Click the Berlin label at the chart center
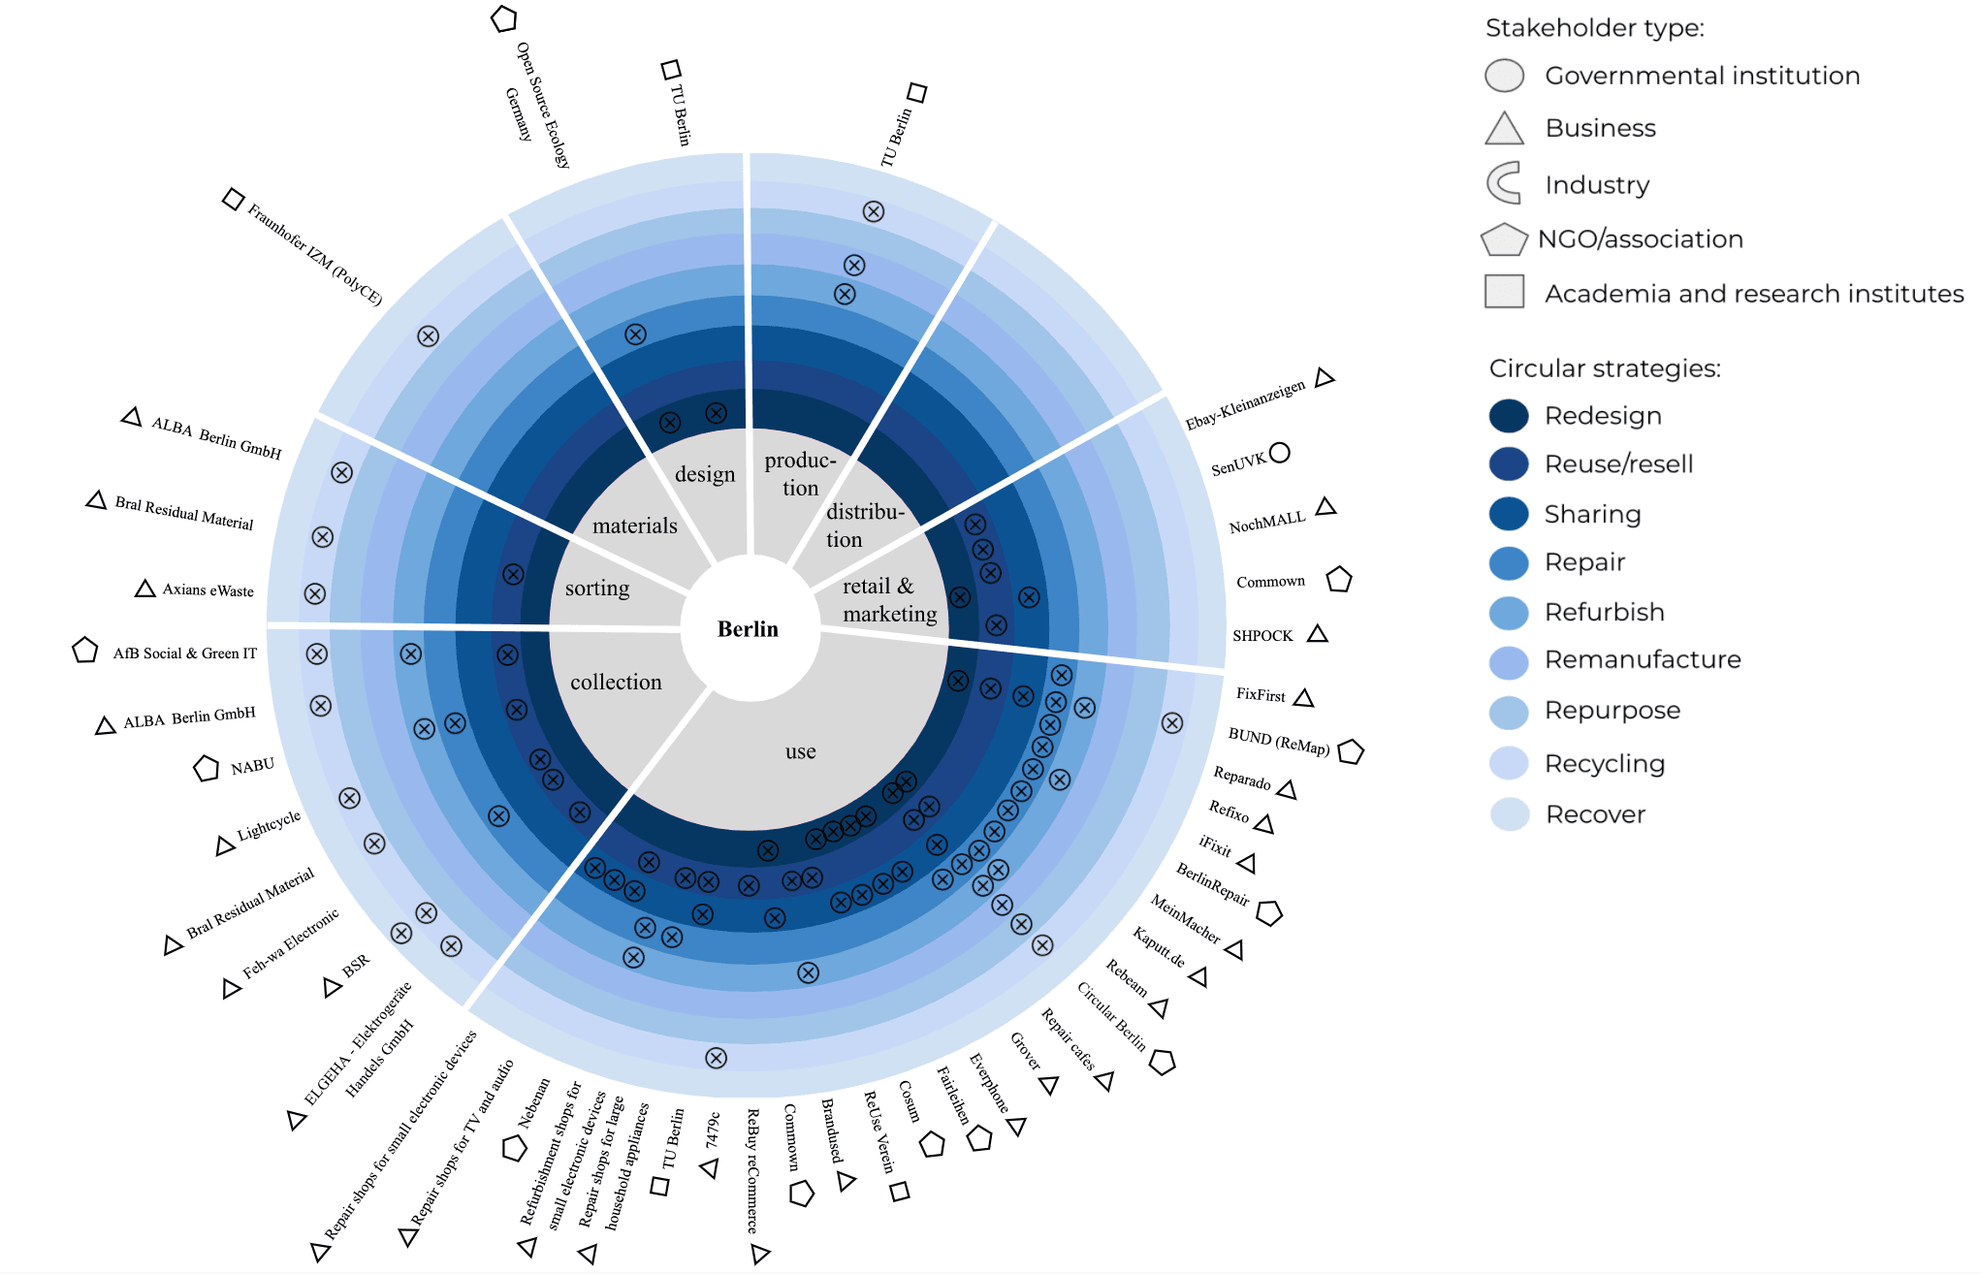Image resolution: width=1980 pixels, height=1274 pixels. pos(748,629)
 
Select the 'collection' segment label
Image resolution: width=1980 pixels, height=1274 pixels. pos(616,683)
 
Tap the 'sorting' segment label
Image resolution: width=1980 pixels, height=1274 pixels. pos(597,589)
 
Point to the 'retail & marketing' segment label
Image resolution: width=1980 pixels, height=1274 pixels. pos(888,600)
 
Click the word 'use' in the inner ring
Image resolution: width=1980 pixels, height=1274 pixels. pos(800,751)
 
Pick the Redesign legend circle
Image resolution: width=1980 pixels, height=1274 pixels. pos(1509,416)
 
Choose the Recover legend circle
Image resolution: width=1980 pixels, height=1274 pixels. pos(1509,814)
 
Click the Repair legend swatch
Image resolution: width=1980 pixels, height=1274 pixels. pos(1509,562)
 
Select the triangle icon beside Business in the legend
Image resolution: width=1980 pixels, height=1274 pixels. pos(1504,129)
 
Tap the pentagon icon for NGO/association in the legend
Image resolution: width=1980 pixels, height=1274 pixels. pos(1504,239)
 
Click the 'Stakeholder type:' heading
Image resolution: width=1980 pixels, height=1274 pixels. pos(1594,28)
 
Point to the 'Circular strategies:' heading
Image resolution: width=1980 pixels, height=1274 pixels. pos(1605,368)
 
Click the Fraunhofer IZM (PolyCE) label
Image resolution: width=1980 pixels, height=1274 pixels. pos(314,254)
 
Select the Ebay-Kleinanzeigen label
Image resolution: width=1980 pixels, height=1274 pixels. pos(1245,404)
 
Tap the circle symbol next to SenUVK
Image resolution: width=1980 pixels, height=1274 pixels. pos(1280,453)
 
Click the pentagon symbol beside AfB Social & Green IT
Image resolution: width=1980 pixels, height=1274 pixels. pos(85,651)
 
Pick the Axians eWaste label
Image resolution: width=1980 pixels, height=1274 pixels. pos(208,590)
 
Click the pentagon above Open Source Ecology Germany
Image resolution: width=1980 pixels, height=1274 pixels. pos(503,19)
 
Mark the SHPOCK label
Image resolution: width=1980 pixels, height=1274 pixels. pos(1262,636)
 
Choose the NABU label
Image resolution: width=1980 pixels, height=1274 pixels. pos(252,767)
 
